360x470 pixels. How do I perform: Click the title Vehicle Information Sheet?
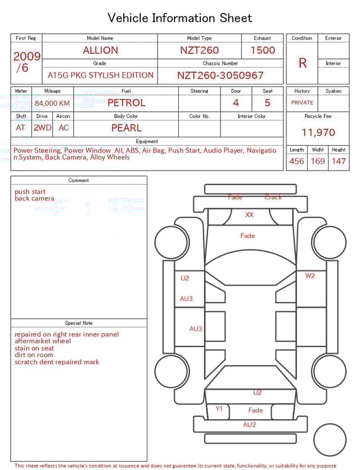click(x=180, y=18)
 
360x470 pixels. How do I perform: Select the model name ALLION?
click(x=100, y=50)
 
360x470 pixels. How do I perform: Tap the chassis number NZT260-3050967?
click(x=220, y=75)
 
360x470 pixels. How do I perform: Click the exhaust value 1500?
click(x=263, y=50)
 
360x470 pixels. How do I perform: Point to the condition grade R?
click(x=302, y=63)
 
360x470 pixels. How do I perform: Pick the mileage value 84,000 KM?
click(x=52, y=103)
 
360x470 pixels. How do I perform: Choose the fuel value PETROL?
click(x=126, y=103)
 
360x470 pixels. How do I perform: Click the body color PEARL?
click(x=126, y=128)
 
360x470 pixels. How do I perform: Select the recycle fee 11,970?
click(x=318, y=133)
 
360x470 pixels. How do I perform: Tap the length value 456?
click(x=296, y=162)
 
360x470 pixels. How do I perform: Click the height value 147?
click(x=338, y=162)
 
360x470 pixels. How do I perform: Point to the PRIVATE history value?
click(x=302, y=103)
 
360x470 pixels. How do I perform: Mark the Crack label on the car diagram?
click(x=273, y=197)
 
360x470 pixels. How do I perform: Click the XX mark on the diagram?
click(x=249, y=215)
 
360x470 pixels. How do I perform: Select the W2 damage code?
click(x=310, y=276)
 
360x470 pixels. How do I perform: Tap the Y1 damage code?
click(x=219, y=409)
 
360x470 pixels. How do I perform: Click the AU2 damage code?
click(x=249, y=425)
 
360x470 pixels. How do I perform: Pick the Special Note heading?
click(x=79, y=323)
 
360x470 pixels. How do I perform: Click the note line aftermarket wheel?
click(x=43, y=341)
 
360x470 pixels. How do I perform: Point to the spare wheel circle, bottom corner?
click(x=330, y=440)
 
